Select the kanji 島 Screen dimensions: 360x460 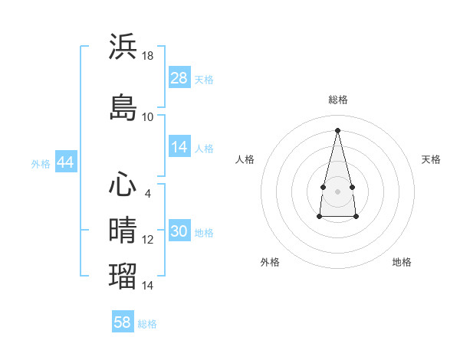point(123,107)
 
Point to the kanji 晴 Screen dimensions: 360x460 point(123,231)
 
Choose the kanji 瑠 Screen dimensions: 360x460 point(123,275)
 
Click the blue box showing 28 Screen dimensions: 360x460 point(179,77)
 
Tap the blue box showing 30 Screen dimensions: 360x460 point(179,231)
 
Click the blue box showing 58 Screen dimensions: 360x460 point(123,322)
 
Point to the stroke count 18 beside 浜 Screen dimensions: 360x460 point(148,55)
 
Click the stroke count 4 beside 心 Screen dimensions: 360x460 point(148,194)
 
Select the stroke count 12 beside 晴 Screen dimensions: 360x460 point(148,240)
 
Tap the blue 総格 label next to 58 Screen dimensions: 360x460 point(147,324)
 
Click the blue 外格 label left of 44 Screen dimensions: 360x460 point(41,163)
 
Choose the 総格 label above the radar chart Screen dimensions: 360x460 point(338,100)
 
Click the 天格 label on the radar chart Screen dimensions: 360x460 point(432,159)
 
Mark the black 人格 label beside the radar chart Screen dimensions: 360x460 point(245,159)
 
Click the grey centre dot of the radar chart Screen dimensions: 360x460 point(338,191)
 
